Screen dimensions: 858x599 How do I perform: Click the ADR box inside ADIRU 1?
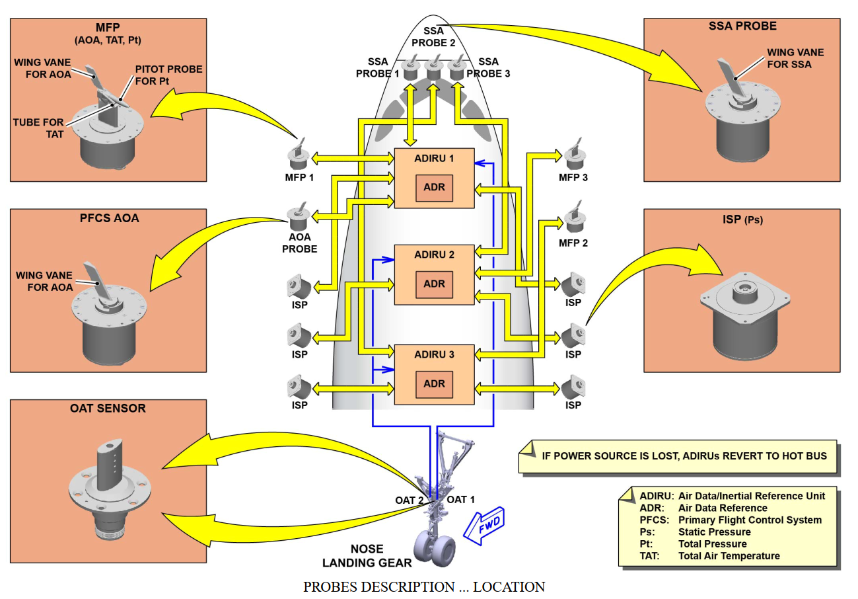pos(434,188)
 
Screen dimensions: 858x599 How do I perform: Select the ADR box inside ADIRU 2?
pos(434,284)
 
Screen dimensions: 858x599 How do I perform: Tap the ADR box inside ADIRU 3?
pos(434,384)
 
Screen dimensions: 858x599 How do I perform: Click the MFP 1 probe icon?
pos(299,154)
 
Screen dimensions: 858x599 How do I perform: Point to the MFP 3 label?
pos(573,178)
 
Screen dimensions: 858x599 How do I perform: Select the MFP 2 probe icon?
pos(575,217)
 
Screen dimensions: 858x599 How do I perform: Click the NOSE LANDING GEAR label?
pos(367,556)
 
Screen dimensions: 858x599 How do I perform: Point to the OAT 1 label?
pos(461,500)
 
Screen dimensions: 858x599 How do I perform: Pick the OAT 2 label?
pos(409,500)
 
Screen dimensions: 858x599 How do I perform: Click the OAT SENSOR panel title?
pos(108,409)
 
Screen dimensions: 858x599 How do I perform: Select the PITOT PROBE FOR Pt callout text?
pos(168,75)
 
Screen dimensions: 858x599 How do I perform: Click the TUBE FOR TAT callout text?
pos(38,128)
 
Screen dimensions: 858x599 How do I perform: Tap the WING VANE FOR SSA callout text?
pos(795,58)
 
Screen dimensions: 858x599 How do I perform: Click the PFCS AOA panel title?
pos(109,218)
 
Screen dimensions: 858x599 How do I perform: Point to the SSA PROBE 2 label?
pos(433,37)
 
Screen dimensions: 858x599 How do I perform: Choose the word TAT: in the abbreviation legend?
pos(650,556)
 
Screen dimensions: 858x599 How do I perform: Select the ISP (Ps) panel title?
pos(742,220)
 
